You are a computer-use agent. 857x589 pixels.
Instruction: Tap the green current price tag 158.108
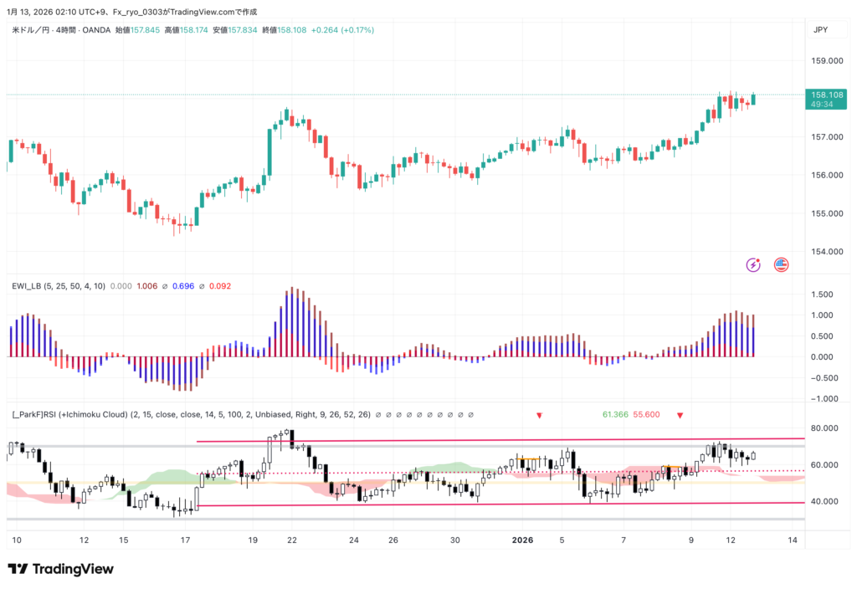tap(820, 95)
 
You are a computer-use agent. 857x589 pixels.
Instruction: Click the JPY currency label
tap(820, 30)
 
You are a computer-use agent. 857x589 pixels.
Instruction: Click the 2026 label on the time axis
tap(523, 540)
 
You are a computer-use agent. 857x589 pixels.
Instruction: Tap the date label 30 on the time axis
tap(455, 540)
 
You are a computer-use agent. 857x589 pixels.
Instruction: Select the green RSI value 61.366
tap(615, 414)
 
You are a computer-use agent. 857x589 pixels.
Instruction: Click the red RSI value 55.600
tap(647, 414)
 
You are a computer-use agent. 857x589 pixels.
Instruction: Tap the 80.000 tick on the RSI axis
tap(825, 428)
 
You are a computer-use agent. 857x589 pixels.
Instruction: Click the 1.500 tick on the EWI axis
tap(822, 294)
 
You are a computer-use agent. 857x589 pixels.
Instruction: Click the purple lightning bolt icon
tap(753, 265)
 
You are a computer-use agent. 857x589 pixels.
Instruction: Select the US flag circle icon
tap(782, 265)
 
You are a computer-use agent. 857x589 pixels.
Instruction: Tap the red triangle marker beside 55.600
tap(680, 415)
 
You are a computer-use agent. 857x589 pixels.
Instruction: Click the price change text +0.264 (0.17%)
tap(342, 30)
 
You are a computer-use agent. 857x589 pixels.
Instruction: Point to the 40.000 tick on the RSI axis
tap(825, 502)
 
